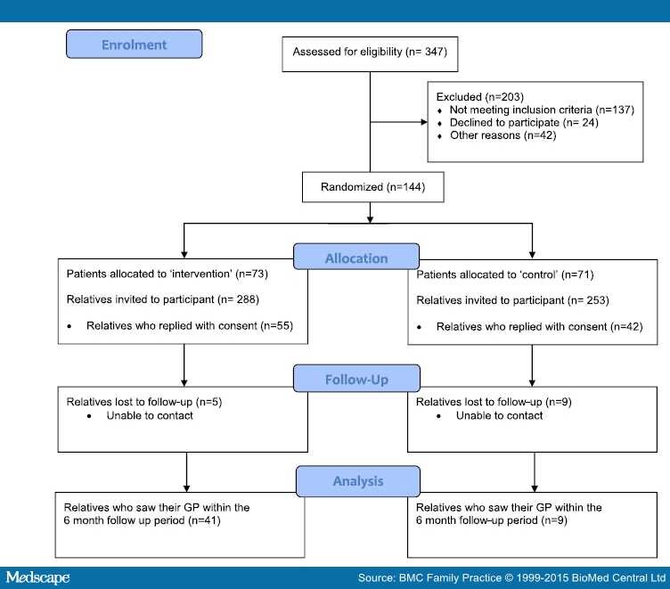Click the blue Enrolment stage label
click(134, 45)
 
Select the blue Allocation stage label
click(357, 258)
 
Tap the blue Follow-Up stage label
click(357, 380)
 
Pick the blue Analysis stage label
click(357, 480)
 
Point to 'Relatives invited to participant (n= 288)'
click(163, 300)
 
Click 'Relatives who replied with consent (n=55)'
click(189, 326)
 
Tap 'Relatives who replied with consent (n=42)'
click(538, 326)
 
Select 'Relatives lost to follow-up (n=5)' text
click(144, 402)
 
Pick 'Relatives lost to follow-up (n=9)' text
click(494, 402)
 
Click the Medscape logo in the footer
click(37, 577)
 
